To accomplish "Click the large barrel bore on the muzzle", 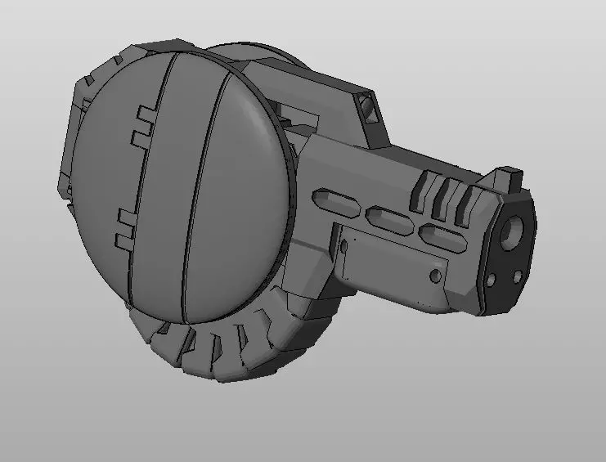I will pyautogui.click(x=514, y=231).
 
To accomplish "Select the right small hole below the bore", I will pyautogui.click(x=516, y=276).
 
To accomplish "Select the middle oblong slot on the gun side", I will pyautogui.click(x=388, y=218).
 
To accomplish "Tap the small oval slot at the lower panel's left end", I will pyautogui.click(x=343, y=248).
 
